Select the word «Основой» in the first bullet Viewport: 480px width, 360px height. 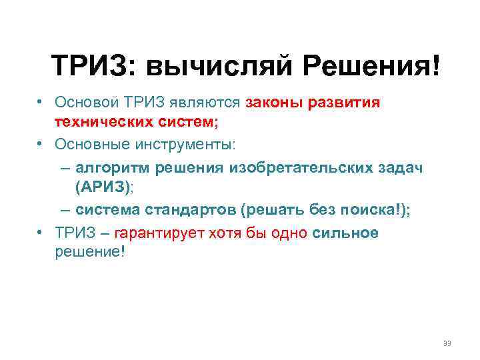85,103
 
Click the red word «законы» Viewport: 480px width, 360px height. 273,103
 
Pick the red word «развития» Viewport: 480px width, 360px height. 343,103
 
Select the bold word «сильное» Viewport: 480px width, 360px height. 345,233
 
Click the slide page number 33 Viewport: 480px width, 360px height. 447,343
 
